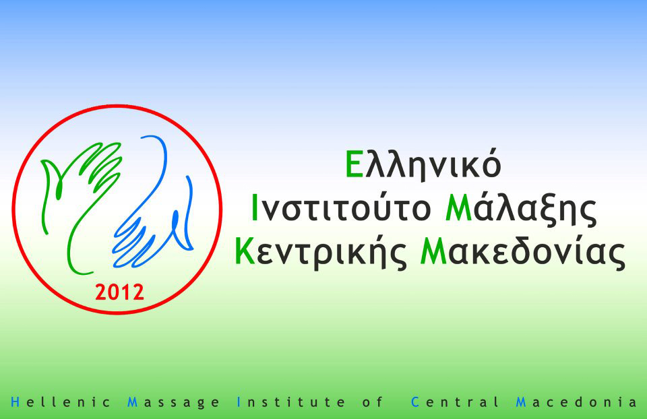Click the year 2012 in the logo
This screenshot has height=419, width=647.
[120, 292]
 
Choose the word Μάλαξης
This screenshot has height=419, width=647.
[521, 209]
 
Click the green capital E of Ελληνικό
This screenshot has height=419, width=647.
[355, 164]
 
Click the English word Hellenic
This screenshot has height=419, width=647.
[61, 401]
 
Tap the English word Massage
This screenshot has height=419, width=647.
[174, 403]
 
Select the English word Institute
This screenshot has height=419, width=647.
[291, 401]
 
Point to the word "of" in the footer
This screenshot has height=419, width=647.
[373, 401]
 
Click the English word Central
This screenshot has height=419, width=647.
[455, 401]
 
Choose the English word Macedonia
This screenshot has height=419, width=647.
[576, 401]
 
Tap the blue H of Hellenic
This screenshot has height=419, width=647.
[16, 401]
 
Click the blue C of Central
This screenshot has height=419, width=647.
[415, 401]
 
